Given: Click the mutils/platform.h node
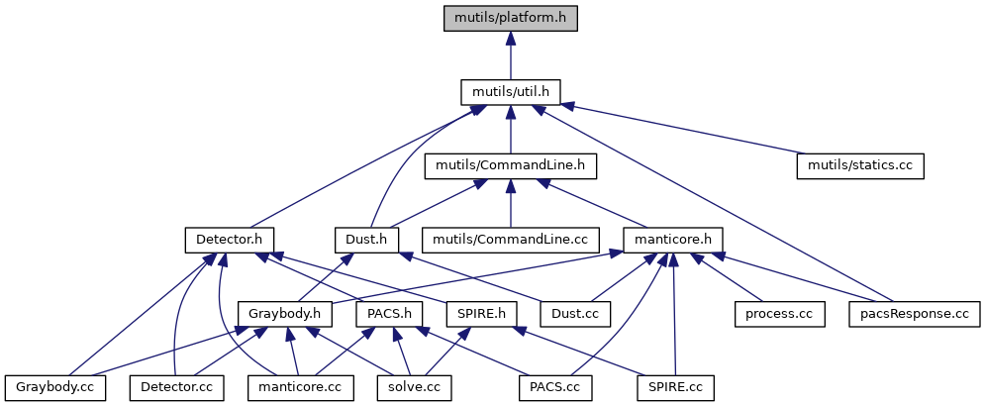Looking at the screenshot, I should [x=510, y=18].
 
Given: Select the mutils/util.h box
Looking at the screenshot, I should [x=510, y=92].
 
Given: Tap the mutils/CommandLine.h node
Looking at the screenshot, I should [x=511, y=165].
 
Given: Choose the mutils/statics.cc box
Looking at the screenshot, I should [x=859, y=165].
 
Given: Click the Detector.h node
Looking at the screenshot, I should [x=229, y=240].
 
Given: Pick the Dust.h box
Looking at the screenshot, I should [x=366, y=240].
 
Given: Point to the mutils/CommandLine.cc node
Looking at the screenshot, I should [x=511, y=240].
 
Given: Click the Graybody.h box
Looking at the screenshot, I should [x=284, y=314].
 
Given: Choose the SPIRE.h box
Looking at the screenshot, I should [x=482, y=314].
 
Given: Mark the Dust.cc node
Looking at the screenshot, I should [x=577, y=314].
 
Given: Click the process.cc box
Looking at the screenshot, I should [x=779, y=314].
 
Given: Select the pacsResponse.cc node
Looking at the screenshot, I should [x=915, y=314].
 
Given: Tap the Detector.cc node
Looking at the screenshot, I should [x=177, y=387].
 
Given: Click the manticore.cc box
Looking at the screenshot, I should [x=300, y=387].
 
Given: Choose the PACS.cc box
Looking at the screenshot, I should [x=554, y=387].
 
